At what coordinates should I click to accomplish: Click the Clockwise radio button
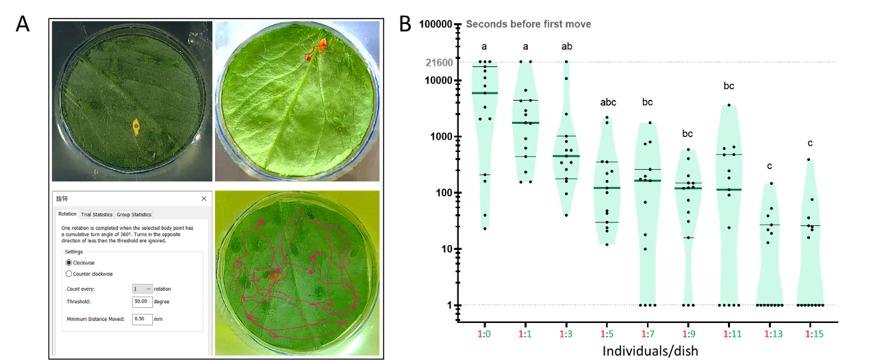(x=68, y=263)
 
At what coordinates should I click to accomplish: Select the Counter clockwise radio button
(x=68, y=274)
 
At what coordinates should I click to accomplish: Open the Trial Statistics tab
(x=97, y=214)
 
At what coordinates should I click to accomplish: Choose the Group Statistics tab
(x=134, y=214)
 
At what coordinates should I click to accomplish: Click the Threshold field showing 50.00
(x=142, y=301)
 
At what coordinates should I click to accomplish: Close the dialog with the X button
(x=203, y=198)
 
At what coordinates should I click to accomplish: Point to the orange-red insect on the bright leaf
(x=320, y=47)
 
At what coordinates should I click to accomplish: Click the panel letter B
(x=405, y=24)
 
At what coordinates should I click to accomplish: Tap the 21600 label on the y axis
(x=440, y=62)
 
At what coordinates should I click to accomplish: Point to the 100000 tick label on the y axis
(x=437, y=25)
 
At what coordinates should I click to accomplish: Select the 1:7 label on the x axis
(x=648, y=333)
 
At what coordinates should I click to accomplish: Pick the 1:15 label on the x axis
(x=809, y=333)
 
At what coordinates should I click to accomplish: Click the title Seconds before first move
(x=528, y=24)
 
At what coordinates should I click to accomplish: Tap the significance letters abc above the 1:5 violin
(x=607, y=102)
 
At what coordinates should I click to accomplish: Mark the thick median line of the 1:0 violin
(x=485, y=92)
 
